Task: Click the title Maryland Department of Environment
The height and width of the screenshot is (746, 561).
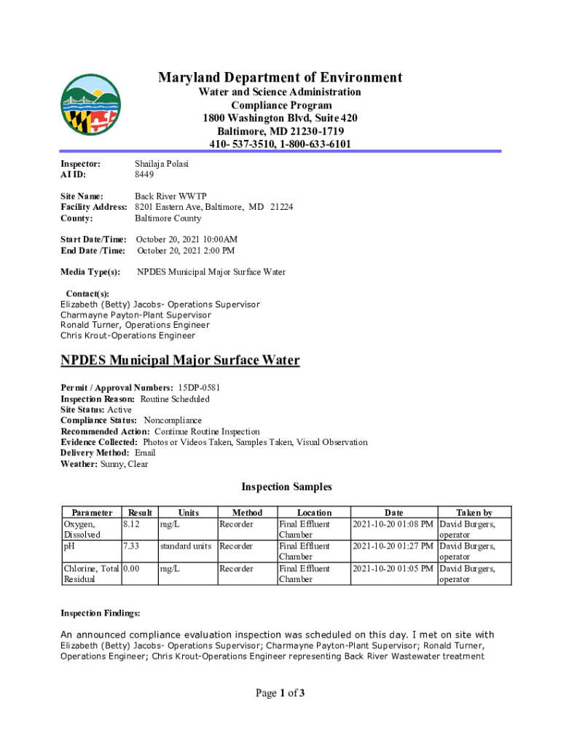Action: point(280,78)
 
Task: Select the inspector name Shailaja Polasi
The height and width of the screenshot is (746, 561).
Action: point(162,164)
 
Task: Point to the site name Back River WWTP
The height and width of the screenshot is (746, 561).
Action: point(170,196)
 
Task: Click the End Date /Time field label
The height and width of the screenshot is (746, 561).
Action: point(93,251)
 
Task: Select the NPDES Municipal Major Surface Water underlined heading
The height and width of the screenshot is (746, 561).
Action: point(179,361)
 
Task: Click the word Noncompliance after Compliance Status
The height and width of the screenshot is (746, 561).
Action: point(173,420)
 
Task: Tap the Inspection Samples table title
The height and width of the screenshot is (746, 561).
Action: point(286,487)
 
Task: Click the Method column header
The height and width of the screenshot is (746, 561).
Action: point(247,513)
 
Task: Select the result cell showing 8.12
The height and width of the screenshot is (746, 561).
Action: point(132,524)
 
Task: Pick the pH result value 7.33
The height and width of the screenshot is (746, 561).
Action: point(132,546)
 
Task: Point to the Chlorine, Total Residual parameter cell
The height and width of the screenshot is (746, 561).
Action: point(91,573)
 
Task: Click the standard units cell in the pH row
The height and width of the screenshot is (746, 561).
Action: point(186,546)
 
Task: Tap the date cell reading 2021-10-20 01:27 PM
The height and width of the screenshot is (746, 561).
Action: point(393,546)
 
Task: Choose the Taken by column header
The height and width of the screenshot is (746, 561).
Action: point(474,513)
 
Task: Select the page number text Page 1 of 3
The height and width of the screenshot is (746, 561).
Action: point(280,693)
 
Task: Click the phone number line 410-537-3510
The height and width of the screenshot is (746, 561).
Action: point(280,144)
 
